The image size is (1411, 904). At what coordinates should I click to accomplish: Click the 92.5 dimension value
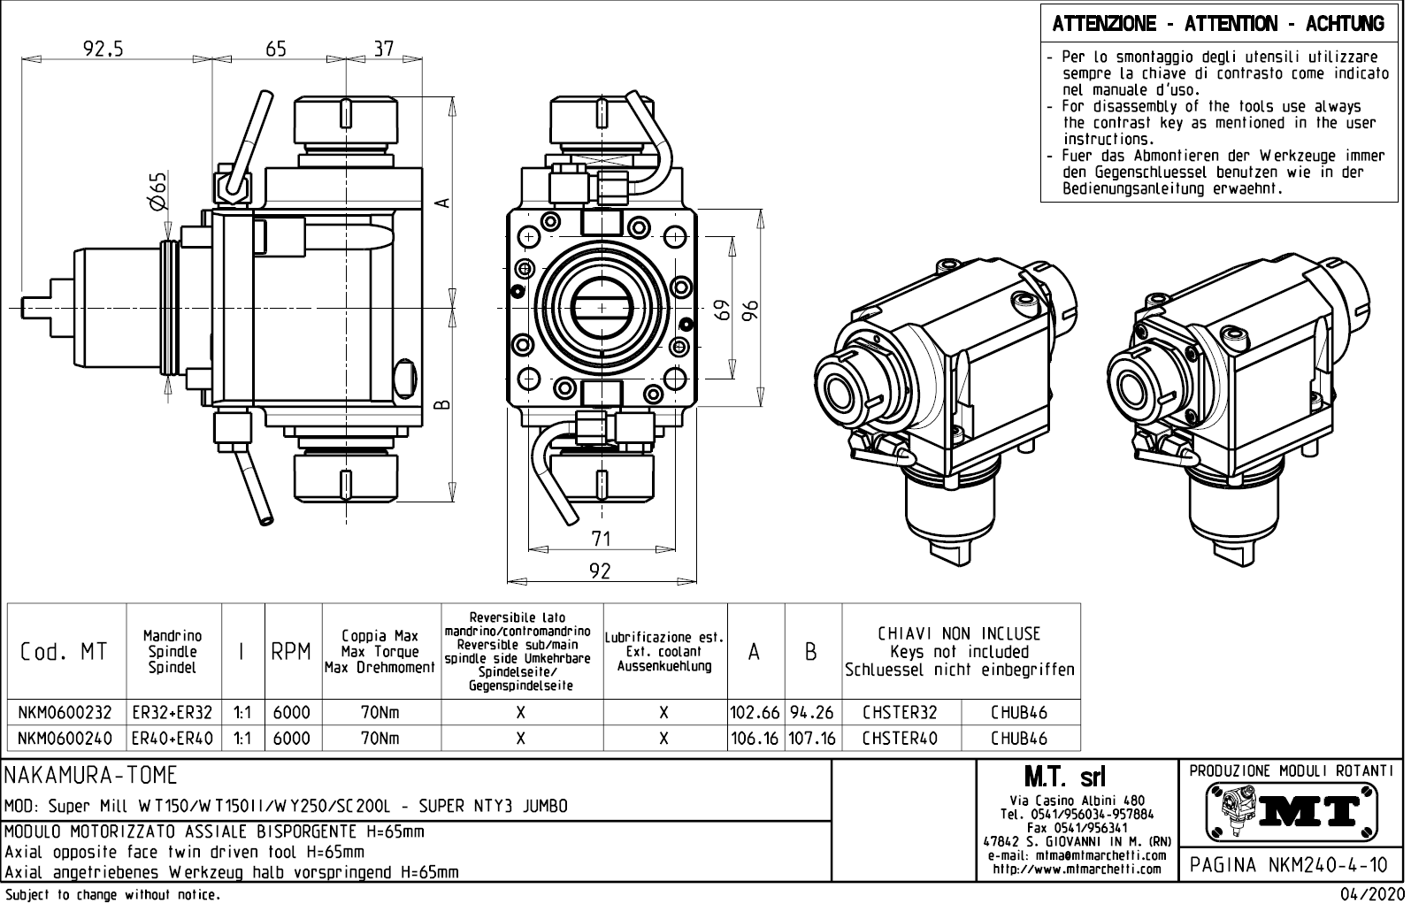104,50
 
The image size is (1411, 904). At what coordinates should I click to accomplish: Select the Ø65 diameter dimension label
157,192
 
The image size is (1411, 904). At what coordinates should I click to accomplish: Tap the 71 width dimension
601,538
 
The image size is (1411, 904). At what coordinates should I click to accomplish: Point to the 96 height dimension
751,310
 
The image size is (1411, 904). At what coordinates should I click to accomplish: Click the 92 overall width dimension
600,571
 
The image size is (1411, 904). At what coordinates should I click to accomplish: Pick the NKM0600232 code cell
65,713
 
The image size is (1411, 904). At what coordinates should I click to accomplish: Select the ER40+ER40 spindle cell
173,739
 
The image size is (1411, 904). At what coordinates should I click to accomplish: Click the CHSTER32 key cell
900,713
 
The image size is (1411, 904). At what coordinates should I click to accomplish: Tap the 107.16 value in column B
812,739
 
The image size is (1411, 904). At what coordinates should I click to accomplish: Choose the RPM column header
291,652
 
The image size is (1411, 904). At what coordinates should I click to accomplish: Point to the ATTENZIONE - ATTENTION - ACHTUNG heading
1218,24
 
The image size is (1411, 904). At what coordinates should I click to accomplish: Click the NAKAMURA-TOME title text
92,776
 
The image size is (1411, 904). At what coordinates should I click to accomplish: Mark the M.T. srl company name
1064,778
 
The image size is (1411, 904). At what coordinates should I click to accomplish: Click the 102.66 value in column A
755,713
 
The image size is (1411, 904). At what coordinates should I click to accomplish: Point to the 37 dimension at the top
383,50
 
